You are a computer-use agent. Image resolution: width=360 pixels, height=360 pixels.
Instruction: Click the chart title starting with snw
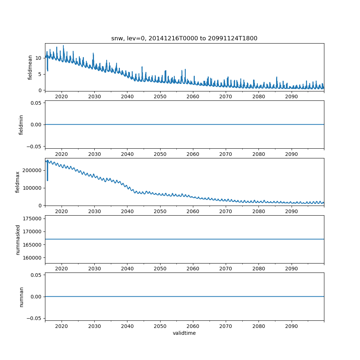coord(184,39)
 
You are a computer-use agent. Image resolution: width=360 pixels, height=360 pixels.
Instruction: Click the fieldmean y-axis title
coord(30,67)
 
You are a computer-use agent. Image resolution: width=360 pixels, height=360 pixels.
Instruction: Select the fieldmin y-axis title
coord(21,125)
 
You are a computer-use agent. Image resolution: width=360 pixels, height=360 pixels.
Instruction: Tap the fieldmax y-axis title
coord(18,182)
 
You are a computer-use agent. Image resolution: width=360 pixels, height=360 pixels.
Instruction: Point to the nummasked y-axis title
coord(18,239)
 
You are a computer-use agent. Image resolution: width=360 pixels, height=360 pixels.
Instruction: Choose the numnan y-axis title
coord(21,297)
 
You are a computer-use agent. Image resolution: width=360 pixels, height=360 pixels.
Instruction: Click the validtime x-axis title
coord(184,333)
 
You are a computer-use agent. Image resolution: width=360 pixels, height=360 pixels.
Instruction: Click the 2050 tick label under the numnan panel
coord(160,326)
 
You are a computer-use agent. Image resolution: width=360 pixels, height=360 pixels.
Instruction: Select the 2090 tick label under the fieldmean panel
coord(291,97)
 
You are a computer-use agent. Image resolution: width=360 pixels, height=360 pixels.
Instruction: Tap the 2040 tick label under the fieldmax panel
coord(127,212)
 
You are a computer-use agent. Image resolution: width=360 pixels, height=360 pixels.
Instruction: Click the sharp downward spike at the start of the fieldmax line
coord(48,179)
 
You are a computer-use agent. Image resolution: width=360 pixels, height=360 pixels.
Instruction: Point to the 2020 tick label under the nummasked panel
coord(62,269)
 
